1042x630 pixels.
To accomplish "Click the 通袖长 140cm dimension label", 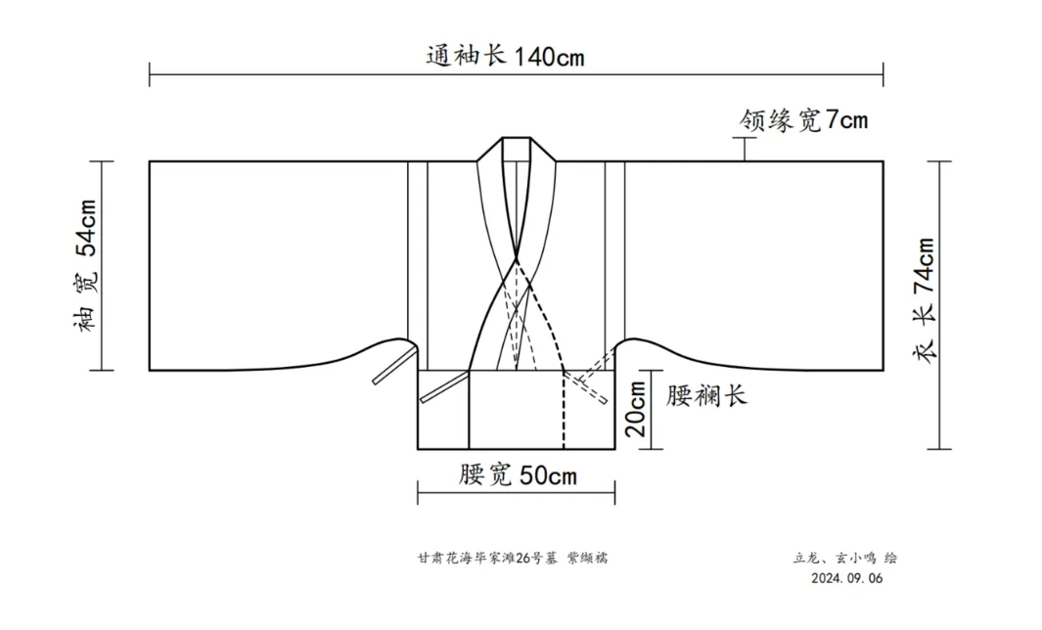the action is pyautogui.click(x=505, y=56).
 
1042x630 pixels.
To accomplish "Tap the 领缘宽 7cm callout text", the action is pyautogui.click(x=803, y=120).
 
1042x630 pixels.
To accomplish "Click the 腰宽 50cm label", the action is pyautogui.click(x=518, y=476).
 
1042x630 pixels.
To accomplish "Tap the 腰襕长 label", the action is pyautogui.click(x=706, y=396).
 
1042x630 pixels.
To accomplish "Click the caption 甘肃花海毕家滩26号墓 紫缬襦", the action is pyautogui.click(x=515, y=559).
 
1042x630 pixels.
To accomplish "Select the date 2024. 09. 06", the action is pyautogui.click(x=847, y=578).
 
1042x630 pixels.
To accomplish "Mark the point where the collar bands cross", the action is pyautogui.click(x=516, y=258).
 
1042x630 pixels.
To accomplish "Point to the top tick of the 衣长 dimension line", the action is pyautogui.click(x=939, y=161).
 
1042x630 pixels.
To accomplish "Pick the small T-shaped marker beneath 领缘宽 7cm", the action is pyautogui.click(x=746, y=149).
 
